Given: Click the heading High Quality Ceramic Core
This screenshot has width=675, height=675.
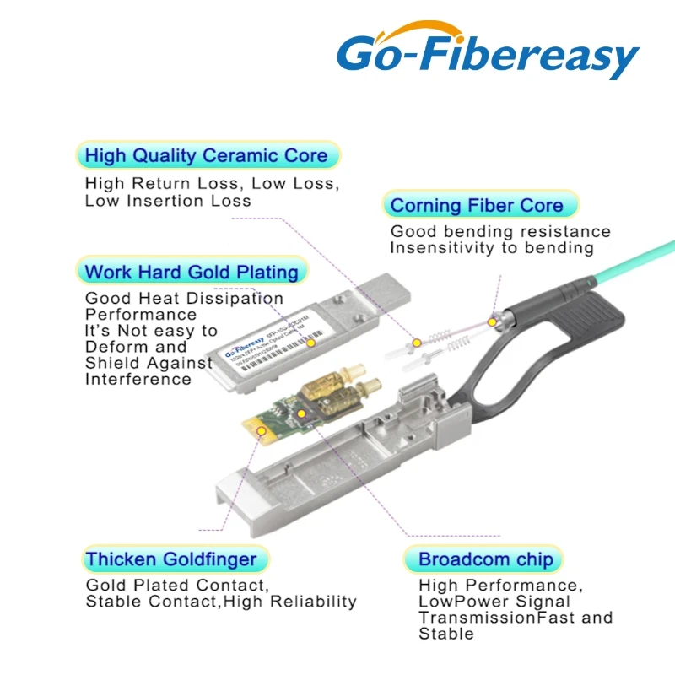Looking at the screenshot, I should click(206, 156).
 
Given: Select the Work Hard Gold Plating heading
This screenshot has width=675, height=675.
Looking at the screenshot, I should click(192, 272).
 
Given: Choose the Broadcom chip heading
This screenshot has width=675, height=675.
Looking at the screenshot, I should click(486, 559).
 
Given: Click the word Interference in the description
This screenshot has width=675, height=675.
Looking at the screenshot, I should click(138, 379).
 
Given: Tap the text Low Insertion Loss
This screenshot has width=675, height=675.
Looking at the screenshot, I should click(168, 201).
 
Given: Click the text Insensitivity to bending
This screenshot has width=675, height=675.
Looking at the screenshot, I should click(492, 248).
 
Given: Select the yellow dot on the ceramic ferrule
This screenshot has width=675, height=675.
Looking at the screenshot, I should click(417, 343).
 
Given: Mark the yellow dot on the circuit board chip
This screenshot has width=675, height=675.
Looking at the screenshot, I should click(302, 413).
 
